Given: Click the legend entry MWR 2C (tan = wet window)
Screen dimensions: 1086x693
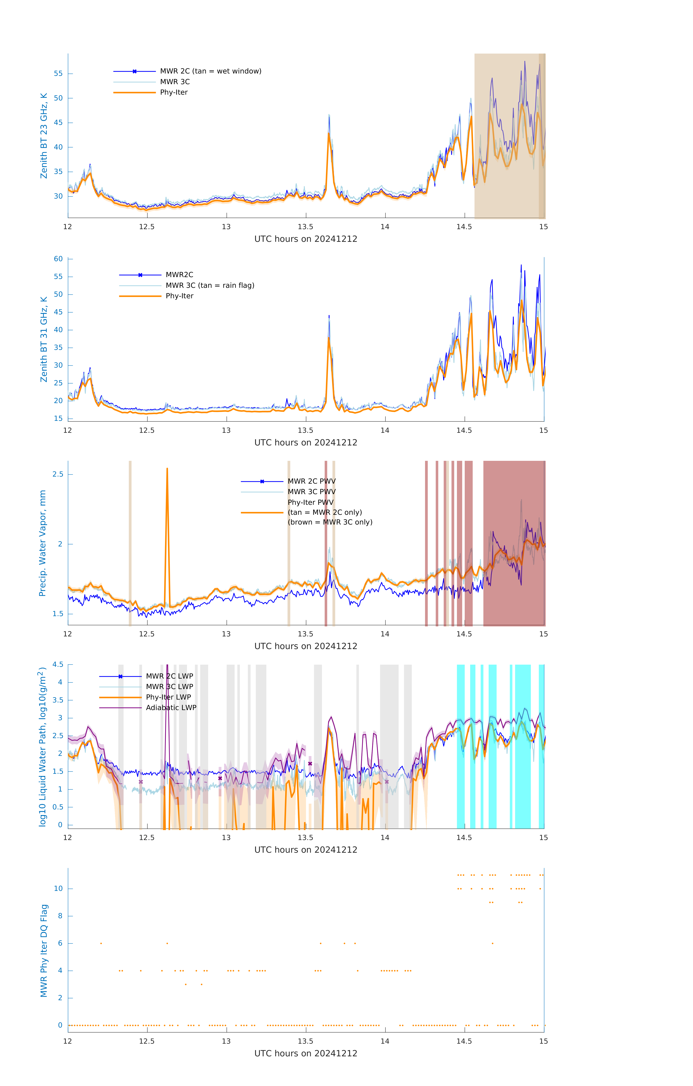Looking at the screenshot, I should click(210, 71).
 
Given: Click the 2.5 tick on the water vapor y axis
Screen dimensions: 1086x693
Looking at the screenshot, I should click(58, 474).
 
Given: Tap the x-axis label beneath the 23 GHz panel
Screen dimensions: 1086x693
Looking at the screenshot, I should click(306, 239).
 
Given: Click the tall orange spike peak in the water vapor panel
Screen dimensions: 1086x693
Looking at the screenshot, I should click(167, 469).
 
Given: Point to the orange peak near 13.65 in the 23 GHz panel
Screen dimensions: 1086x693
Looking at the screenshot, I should click(329, 134).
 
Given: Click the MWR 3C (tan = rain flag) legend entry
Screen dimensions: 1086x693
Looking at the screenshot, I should click(210, 285).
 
